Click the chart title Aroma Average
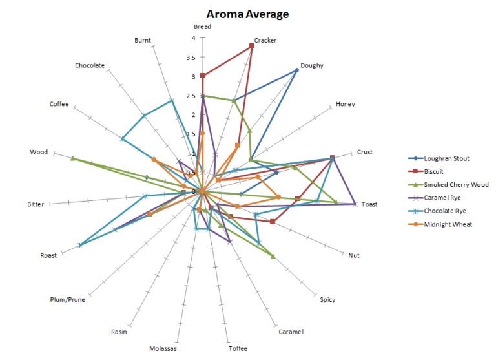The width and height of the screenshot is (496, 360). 247,14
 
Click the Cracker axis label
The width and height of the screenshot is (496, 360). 265,40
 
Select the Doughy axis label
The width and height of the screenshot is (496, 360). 312,65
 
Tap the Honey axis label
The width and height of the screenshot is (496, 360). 345,105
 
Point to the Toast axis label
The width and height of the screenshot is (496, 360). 369,204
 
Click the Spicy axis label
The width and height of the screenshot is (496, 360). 327,299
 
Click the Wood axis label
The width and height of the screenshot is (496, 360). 39,153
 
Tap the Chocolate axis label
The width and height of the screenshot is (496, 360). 90,65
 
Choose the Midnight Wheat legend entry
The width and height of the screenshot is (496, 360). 448,224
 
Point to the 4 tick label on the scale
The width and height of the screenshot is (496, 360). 192,38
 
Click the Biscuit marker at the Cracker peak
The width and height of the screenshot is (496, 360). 251,45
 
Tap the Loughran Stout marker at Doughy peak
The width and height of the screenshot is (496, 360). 296,70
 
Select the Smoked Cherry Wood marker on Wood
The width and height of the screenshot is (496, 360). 73,158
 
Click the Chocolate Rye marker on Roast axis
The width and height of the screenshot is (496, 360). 80,245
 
